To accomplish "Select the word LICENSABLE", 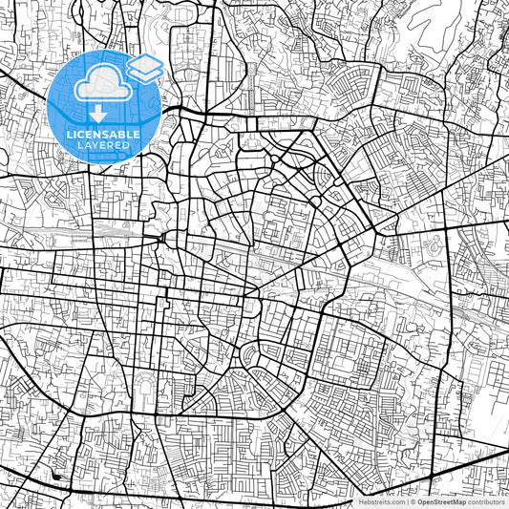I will click(x=104, y=135).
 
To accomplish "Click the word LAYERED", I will click(x=104, y=145).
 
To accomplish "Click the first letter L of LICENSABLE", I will click(x=70, y=135).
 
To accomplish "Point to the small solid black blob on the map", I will click(x=57, y=476).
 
